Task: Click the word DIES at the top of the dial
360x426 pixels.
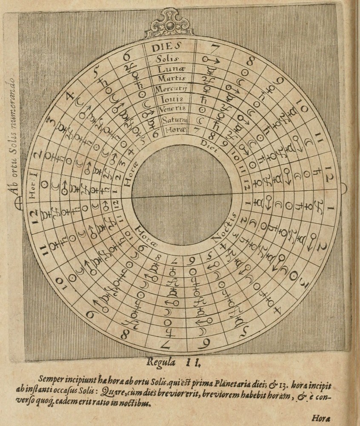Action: tap(166, 46)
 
